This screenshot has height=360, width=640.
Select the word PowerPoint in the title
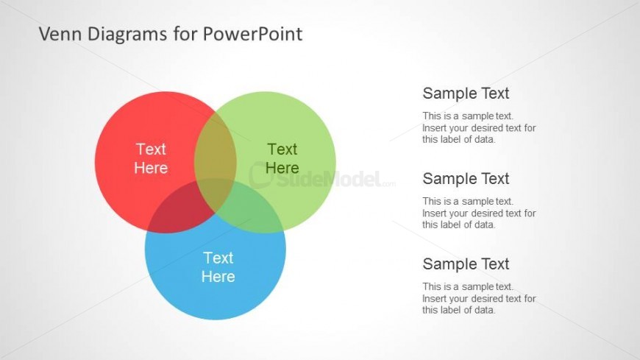[252, 34]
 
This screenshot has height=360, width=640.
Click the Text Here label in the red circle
[151, 158]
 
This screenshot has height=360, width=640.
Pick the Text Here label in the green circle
[282, 158]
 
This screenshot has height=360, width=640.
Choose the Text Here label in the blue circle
[218, 267]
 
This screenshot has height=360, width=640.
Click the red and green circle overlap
[214, 151]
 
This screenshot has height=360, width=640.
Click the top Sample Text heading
[466, 93]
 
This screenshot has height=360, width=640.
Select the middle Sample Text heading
[466, 179]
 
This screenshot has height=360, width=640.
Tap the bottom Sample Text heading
[466, 264]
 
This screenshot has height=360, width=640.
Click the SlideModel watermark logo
[321, 177]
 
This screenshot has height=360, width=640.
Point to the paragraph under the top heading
[479, 127]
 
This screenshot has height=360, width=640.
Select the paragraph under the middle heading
[479, 213]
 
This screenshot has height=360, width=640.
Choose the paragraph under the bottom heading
[479, 298]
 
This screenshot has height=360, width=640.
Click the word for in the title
[185, 34]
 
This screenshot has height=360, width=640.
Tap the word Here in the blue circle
[218, 277]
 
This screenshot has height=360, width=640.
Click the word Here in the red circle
[151, 168]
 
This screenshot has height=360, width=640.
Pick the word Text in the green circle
[282, 149]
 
